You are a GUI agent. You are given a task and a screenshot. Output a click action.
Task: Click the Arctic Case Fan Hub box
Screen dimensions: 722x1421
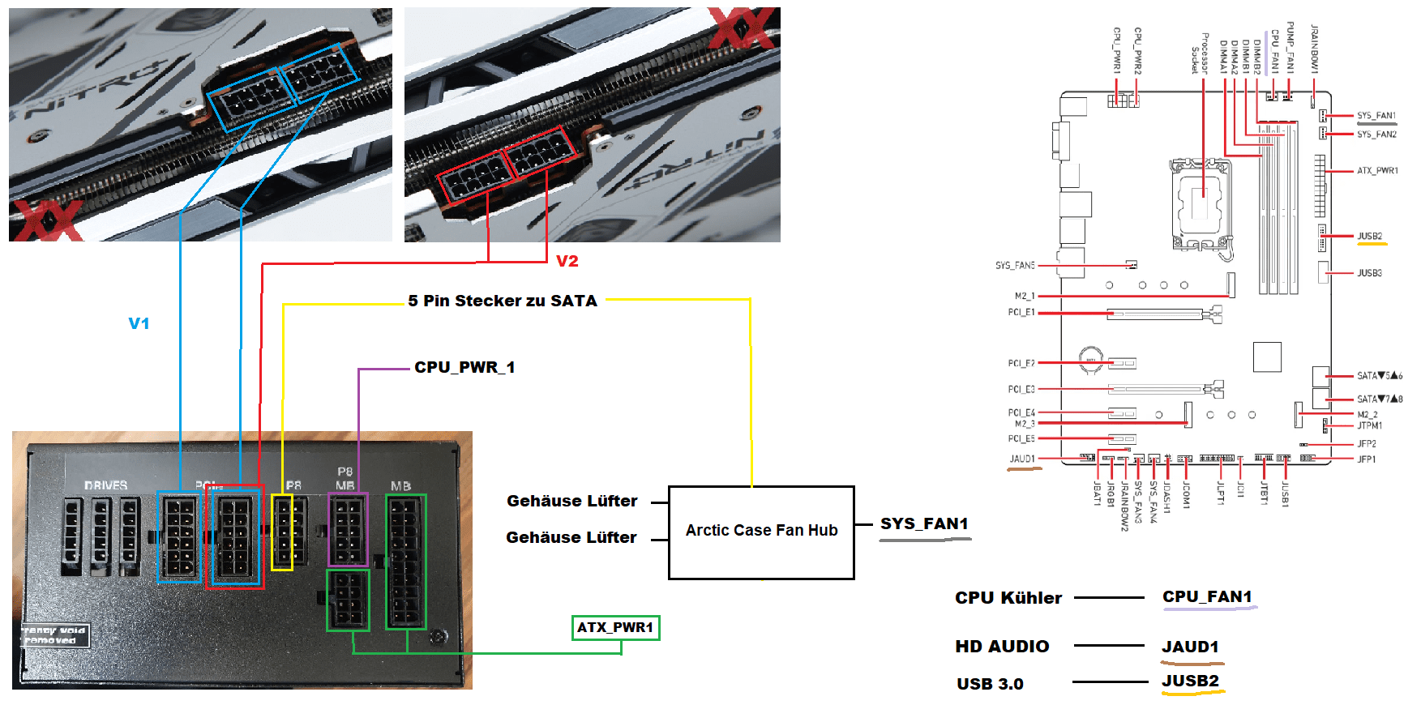(x=761, y=532)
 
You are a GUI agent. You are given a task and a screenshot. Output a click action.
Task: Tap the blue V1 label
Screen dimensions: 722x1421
(x=139, y=323)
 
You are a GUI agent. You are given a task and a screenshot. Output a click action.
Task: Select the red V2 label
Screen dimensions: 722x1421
(x=567, y=261)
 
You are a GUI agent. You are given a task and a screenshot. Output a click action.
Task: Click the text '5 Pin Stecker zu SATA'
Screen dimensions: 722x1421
(x=503, y=301)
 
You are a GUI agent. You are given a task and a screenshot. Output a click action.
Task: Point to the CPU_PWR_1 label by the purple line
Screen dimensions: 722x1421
(x=464, y=367)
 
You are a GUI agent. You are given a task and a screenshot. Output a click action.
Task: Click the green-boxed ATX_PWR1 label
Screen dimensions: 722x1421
(x=615, y=627)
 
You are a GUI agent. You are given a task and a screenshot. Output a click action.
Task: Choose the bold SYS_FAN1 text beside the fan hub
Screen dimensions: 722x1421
(x=924, y=523)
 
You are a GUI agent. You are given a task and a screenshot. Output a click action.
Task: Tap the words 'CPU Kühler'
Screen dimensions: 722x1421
(x=1008, y=598)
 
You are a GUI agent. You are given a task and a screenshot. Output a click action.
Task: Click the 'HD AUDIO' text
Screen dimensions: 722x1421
(x=1002, y=647)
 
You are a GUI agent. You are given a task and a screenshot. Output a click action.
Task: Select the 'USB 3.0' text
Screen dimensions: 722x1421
(x=990, y=684)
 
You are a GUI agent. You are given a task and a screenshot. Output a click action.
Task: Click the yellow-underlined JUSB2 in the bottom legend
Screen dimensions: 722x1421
(x=1190, y=681)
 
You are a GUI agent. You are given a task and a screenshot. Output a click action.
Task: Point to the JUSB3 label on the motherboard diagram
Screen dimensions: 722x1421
(x=1369, y=273)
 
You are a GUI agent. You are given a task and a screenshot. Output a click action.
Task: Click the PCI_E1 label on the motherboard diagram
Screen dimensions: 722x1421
(x=1021, y=312)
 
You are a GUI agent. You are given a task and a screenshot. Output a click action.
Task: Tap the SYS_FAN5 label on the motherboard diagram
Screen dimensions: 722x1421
(x=1015, y=265)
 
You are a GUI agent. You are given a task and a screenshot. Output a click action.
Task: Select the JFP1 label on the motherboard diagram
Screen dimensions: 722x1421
(x=1366, y=459)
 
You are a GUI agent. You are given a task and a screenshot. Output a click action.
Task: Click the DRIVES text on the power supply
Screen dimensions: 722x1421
(x=105, y=485)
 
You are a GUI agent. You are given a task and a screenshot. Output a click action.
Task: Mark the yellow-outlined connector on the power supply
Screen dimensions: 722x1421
(x=282, y=532)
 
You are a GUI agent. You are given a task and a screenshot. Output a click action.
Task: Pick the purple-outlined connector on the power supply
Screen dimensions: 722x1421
(x=348, y=529)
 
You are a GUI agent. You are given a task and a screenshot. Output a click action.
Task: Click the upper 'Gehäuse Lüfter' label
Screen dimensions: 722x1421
(x=571, y=501)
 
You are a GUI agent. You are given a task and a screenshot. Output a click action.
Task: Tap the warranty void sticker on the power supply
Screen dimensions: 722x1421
(x=54, y=635)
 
